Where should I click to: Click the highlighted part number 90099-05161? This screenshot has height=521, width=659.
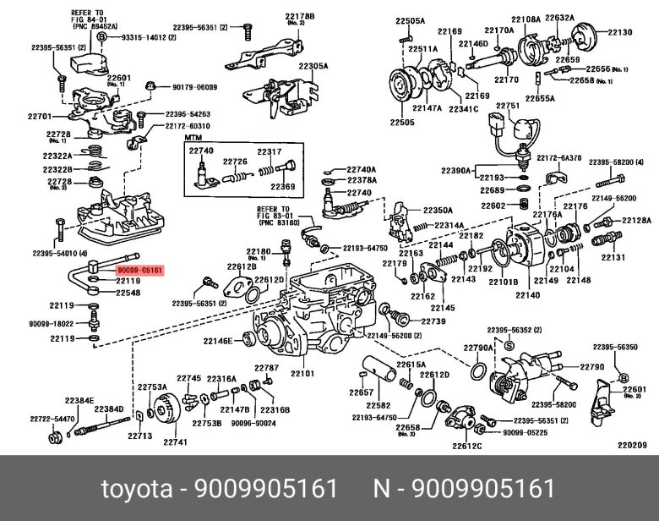point(139,270)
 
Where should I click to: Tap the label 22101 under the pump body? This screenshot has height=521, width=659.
point(302,373)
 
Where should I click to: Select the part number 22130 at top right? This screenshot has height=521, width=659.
point(620,32)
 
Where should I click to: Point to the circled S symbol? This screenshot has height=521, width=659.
point(509,346)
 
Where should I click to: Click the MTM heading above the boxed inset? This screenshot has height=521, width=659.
point(193,138)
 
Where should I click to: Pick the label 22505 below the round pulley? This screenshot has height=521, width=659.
point(402,122)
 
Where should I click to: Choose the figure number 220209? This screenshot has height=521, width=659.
point(632,445)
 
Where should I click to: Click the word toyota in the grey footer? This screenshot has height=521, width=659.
point(137,489)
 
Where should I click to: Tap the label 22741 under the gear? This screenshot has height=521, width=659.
point(175,441)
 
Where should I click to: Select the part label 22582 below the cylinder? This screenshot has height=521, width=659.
point(379,405)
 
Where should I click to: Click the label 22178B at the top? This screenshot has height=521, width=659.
point(300,17)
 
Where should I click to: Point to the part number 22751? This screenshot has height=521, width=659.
point(508,106)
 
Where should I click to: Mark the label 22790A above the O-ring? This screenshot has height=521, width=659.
point(478,348)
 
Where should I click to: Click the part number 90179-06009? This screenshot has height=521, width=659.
point(194,87)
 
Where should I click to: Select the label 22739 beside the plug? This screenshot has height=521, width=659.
point(433,321)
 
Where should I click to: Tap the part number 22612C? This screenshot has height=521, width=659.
point(467,446)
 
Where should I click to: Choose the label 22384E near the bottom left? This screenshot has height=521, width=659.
point(79,400)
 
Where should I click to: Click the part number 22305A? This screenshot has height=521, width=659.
point(313,66)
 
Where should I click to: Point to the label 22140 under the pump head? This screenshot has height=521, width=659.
point(527,295)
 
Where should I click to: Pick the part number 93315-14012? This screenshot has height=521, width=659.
point(149,37)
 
